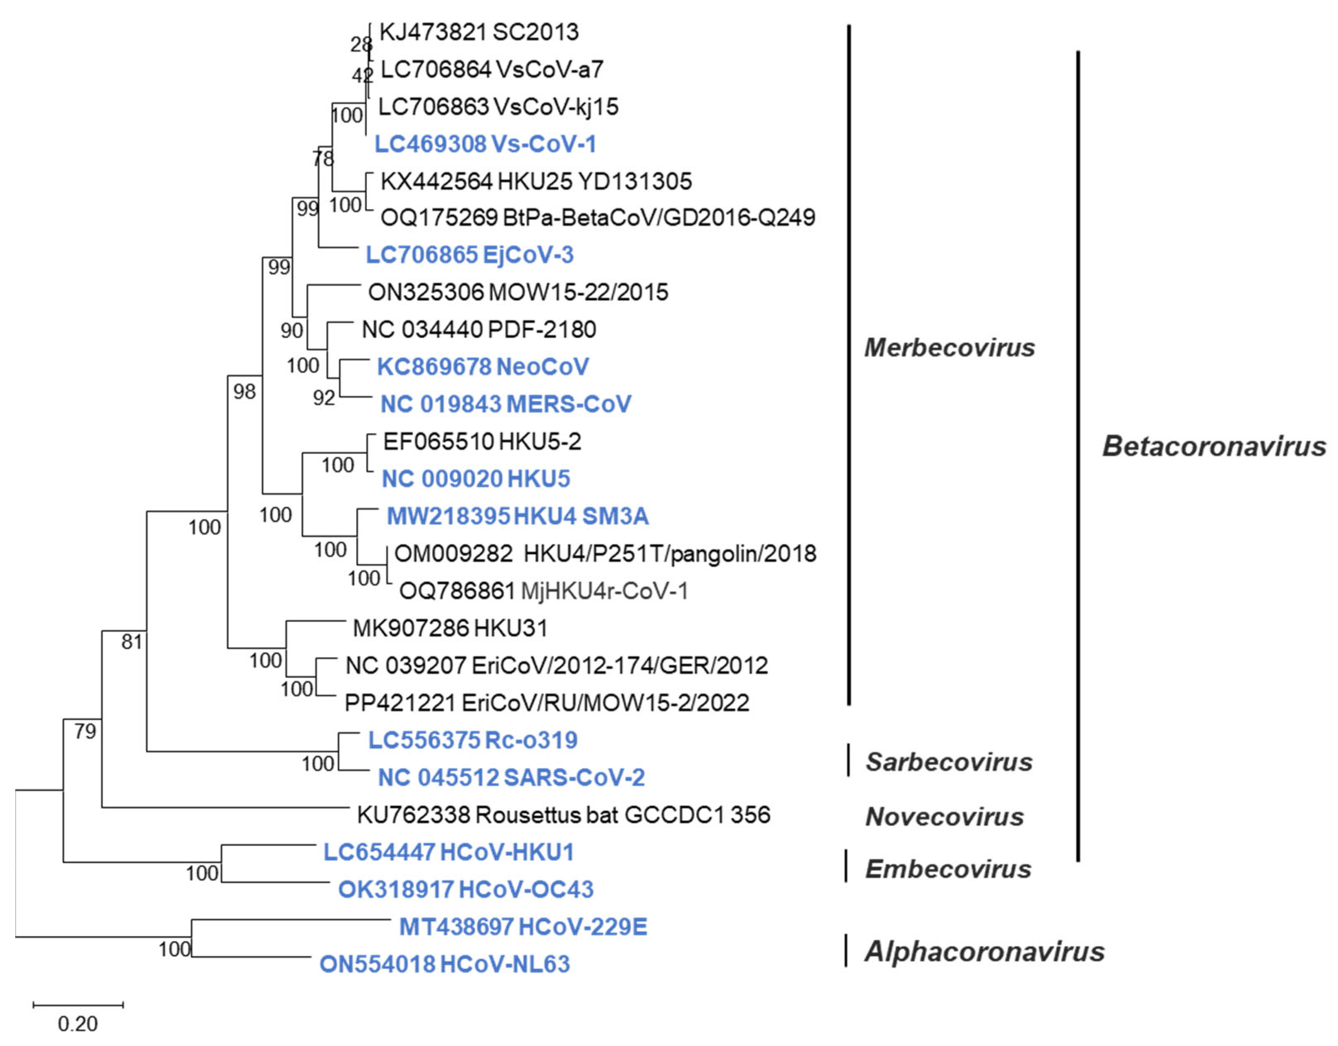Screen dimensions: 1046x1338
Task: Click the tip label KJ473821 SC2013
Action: click(x=479, y=32)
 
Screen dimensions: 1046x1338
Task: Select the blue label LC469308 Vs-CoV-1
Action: click(x=485, y=145)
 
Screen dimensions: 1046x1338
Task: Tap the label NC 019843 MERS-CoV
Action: click(x=505, y=404)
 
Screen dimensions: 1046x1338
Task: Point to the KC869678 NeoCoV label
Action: click(x=483, y=367)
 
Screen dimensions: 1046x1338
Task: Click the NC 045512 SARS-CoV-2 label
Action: click(x=511, y=778)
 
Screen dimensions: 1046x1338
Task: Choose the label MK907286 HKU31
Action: click(x=450, y=628)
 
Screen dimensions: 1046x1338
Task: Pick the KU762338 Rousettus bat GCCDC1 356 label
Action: click(x=563, y=815)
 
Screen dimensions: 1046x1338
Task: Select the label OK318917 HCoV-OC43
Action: click(x=466, y=890)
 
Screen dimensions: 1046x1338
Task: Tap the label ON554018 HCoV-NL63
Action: click(x=444, y=965)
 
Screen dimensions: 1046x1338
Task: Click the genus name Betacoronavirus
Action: click(x=1214, y=447)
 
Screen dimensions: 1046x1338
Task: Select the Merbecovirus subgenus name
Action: click(x=949, y=348)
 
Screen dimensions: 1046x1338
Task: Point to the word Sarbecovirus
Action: click(x=948, y=762)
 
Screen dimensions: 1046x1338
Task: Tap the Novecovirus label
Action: click(x=944, y=817)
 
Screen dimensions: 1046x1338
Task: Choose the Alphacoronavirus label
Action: click(x=984, y=952)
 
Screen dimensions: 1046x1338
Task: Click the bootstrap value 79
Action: click(x=85, y=731)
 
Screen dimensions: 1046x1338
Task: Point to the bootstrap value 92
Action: click(x=324, y=399)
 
